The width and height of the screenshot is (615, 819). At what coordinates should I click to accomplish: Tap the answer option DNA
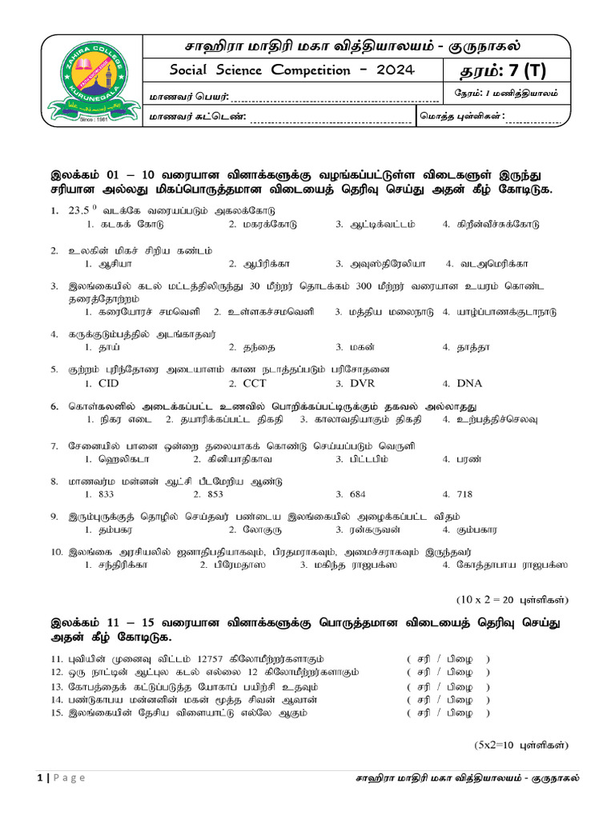(x=469, y=383)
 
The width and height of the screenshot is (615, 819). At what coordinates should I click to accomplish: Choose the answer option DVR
(x=362, y=383)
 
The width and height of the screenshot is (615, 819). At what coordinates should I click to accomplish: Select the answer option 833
(x=105, y=494)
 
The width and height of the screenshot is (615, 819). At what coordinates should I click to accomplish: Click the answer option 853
(x=215, y=494)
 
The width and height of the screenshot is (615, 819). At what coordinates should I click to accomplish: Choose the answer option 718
(x=466, y=494)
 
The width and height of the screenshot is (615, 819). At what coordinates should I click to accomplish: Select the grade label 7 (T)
(x=525, y=70)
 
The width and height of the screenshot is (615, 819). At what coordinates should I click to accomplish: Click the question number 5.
(x=54, y=370)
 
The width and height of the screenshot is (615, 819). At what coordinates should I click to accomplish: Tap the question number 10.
(x=56, y=552)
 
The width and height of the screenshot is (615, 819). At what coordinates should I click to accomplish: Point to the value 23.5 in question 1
(x=79, y=211)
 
